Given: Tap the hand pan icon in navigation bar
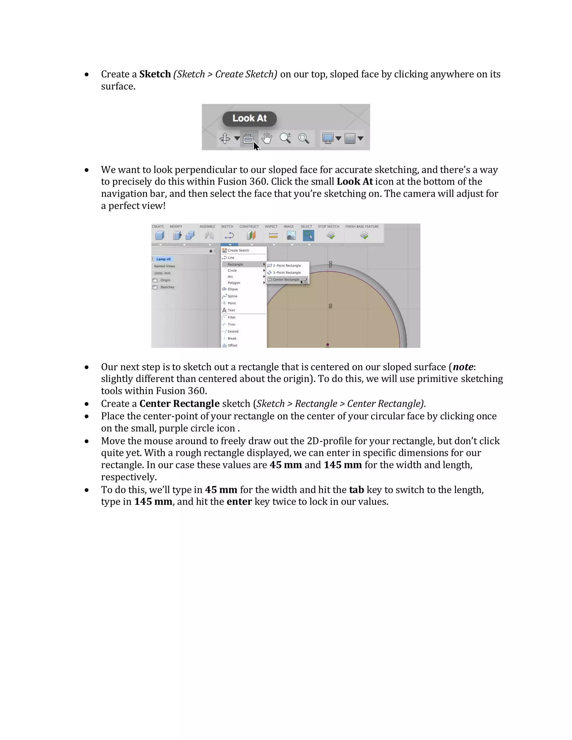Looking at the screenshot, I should pos(267,138).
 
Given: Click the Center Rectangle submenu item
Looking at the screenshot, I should pos(286,280).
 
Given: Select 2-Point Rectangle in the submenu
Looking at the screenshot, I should pos(287,266).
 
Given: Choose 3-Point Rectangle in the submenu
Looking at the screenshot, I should pos(287,273).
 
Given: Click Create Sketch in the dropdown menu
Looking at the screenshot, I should pos(238,250).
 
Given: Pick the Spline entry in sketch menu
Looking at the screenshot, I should pos(232,296).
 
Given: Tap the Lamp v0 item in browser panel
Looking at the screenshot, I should pos(163,259).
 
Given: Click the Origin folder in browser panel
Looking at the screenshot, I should pos(165,280).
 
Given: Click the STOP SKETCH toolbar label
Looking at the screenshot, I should pos(328,227).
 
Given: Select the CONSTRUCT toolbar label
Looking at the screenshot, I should pos(249,227).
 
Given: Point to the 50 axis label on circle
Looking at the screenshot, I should pos(331,306).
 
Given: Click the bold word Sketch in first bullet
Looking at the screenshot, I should pos(155,74).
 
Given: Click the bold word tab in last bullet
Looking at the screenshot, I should pos(356,490).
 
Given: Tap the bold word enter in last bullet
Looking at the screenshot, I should pos(239,502).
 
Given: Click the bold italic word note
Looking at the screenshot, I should pos(463,367).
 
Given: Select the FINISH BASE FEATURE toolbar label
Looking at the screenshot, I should pos(362,227).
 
